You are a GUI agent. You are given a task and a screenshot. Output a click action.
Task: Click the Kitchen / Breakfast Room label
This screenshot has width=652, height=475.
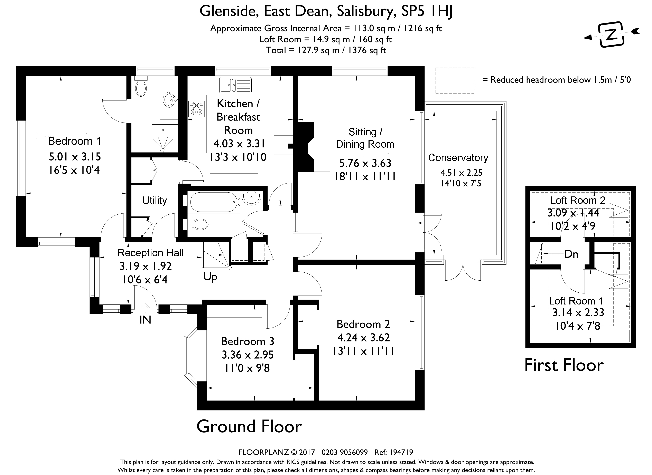pos(238,117)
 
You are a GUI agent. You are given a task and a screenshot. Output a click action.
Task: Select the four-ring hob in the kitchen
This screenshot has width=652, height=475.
pos(197,109)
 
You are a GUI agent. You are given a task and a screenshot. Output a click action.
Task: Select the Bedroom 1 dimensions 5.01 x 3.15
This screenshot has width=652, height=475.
pos(75,157)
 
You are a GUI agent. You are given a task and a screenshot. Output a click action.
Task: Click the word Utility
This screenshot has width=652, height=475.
pos(155,200)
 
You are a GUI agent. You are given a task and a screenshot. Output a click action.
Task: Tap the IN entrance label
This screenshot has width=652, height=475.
pos(145,320)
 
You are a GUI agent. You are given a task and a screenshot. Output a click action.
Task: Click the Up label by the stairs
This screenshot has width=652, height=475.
pos(210,277)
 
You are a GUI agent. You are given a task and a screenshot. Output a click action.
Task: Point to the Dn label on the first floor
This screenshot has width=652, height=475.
pos(571,254)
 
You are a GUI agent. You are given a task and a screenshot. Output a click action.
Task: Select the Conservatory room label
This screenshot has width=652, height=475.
pos(458,158)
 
